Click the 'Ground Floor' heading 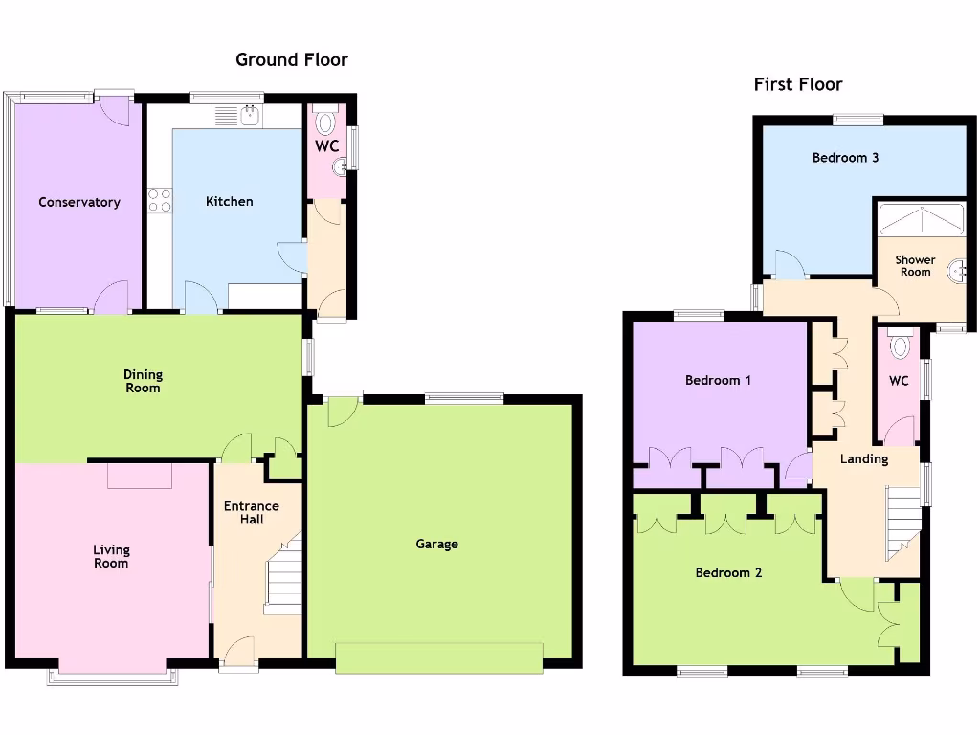pyautogui.click(x=292, y=60)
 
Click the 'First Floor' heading pyautogui.click(x=798, y=84)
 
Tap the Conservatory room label pyautogui.click(x=79, y=202)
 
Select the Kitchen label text pyautogui.click(x=230, y=201)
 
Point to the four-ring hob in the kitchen pyautogui.click(x=159, y=200)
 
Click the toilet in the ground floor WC pyautogui.click(x=326, y=122)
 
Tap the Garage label pyautogui.click(x=436, y=544)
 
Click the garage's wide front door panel pyautogui.click(x=439, y=657)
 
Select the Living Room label pyautogui.click(x=111, y=556)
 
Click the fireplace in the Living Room pyautogui.click(x=140, y=475)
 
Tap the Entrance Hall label pyautogui.click(x=251, y=512)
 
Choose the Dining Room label pyautogui.click(x=143, y=381)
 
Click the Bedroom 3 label pyautogui.click(x=845, y=158)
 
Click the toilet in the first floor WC pyautogui.click(x=900, y=345)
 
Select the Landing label pyautogui.click(x=864, y=458)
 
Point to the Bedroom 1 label pyautogui.click(x=718, y=380)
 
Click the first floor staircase pyautogui.click(x=902, y=522)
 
